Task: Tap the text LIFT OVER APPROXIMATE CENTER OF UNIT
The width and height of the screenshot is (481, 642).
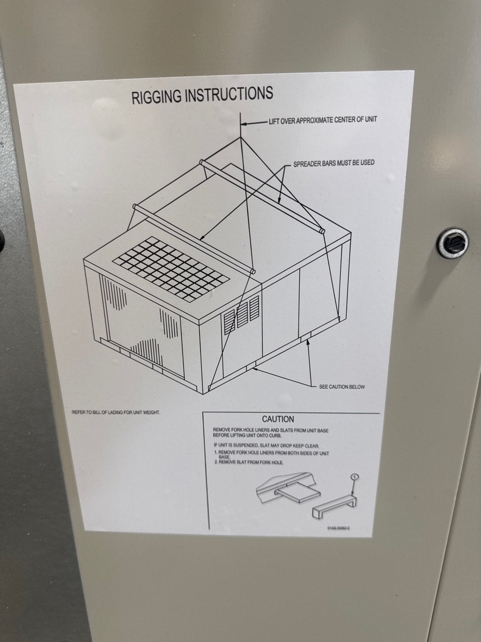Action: click(322, 120)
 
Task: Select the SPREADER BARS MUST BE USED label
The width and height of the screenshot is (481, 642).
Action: click(334, 163)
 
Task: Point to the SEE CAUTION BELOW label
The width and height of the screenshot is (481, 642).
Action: click(341, 386)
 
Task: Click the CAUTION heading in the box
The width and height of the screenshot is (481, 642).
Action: click(278, 419)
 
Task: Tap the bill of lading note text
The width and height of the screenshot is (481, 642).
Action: click(116, 412)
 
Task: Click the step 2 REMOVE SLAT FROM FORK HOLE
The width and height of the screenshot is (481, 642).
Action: click(250, 462)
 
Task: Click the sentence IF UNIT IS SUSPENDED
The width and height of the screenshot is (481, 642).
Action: click(266, 445)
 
